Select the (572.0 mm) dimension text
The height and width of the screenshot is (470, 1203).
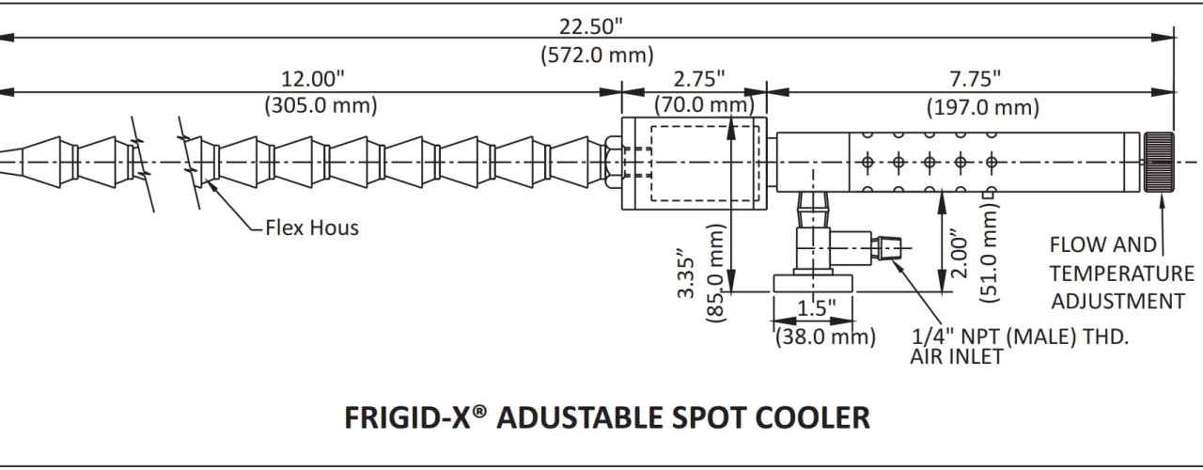[597, 55]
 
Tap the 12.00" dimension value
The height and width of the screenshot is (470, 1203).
[320, 77]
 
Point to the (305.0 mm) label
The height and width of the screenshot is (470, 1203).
[320, 105]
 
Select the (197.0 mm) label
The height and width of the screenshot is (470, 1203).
[983, 107]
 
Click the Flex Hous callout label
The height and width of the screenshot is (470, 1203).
[311, 227]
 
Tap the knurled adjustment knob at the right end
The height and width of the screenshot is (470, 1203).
[1159, 163]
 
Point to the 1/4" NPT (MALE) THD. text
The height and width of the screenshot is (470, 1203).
[1020, 336]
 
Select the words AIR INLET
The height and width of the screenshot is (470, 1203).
[956, 356]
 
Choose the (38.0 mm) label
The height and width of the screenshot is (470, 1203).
[824, 336]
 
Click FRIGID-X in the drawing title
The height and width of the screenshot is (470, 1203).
[408, 417]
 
